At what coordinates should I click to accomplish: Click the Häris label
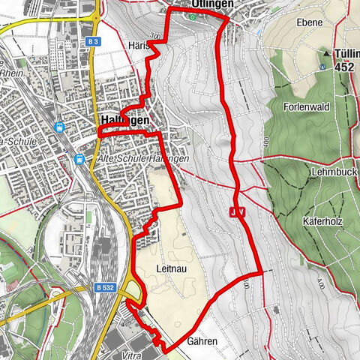point(138,45)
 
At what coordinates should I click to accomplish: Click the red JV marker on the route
point(237,214)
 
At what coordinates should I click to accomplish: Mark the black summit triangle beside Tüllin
point(325,53)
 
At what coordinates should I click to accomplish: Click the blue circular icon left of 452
point(322,66)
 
